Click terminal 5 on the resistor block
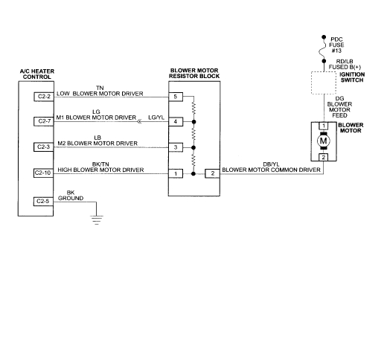(176, 97)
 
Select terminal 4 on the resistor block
(176, 120)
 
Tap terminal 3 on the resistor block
(176, 147)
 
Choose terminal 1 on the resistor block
(176, 173)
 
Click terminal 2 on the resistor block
(212, 173)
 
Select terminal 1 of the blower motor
(323, 126)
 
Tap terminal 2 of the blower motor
(323, 158)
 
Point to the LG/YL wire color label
(157, 118)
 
